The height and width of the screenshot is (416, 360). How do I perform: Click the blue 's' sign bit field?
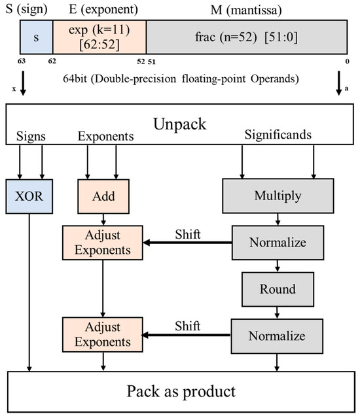(35, 37)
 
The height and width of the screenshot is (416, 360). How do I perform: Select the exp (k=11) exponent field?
(99, 37)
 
